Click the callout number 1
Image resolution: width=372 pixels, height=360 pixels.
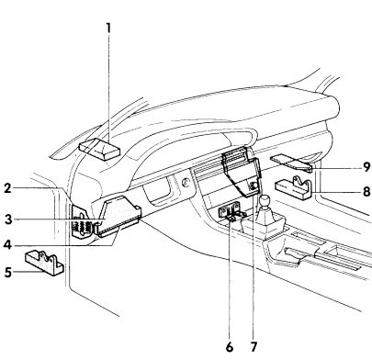coord(108,28)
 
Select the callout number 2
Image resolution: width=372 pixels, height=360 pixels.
coord(8,188)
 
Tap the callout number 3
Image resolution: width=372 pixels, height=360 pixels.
coord(8,219)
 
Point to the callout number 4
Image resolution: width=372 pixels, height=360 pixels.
coord(8,244)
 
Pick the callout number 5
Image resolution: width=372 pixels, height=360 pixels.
coord(8,272)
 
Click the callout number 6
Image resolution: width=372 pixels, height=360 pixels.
coord(230,347)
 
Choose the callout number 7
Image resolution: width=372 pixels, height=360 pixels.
coord(254,347)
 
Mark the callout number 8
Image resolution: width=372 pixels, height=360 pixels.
coord(366,192)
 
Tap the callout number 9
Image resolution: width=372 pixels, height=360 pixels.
coord(366,167)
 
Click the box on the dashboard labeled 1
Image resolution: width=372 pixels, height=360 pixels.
coord(99,149)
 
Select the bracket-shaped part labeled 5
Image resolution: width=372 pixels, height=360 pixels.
coord(44,263)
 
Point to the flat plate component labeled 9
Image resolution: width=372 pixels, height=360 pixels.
coord(291,163)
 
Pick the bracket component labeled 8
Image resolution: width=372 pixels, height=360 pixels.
coord(293,187)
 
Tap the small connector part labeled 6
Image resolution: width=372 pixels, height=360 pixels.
coord(231,213)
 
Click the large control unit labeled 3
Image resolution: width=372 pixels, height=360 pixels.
coord(118,217)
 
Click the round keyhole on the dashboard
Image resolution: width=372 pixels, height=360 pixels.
coord(185,183)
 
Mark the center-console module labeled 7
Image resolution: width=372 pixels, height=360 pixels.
coord(242,172)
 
